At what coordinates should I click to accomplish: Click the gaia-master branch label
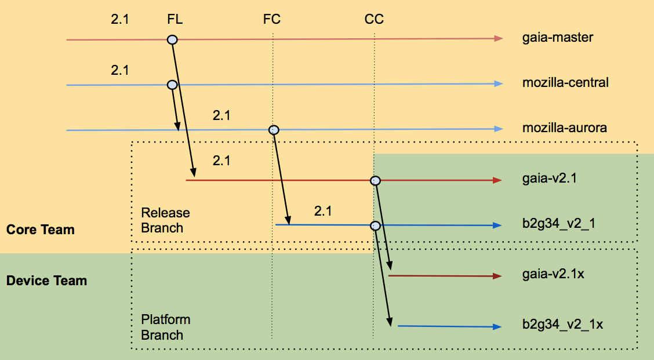[558, 38]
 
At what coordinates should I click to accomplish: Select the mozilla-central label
[565, 82]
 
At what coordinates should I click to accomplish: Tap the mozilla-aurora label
[564, 128]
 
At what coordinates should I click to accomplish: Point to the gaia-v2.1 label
[549, 179]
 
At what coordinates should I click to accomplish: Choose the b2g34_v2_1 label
[558, 224]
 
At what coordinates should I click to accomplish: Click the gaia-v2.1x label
[553, 274]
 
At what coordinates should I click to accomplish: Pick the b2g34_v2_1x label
[562, 325]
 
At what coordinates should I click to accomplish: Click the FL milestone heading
[175, 19]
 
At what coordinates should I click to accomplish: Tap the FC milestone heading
[272, 19]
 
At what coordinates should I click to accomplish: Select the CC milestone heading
[374, 19]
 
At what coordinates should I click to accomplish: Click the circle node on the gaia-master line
[172, 39]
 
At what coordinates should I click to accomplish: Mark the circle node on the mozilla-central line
[172, 85]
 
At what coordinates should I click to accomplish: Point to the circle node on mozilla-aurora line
[274, 130]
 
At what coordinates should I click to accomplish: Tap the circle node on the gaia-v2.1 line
[375, 181]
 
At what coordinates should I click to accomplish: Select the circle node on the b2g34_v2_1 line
[375, 226]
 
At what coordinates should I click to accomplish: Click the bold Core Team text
[41, 230]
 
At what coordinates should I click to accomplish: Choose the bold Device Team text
[47, 281]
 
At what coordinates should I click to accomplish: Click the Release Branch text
[165, 220]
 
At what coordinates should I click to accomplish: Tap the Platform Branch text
[166, 327]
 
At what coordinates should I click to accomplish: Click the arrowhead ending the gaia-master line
[499, 39]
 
